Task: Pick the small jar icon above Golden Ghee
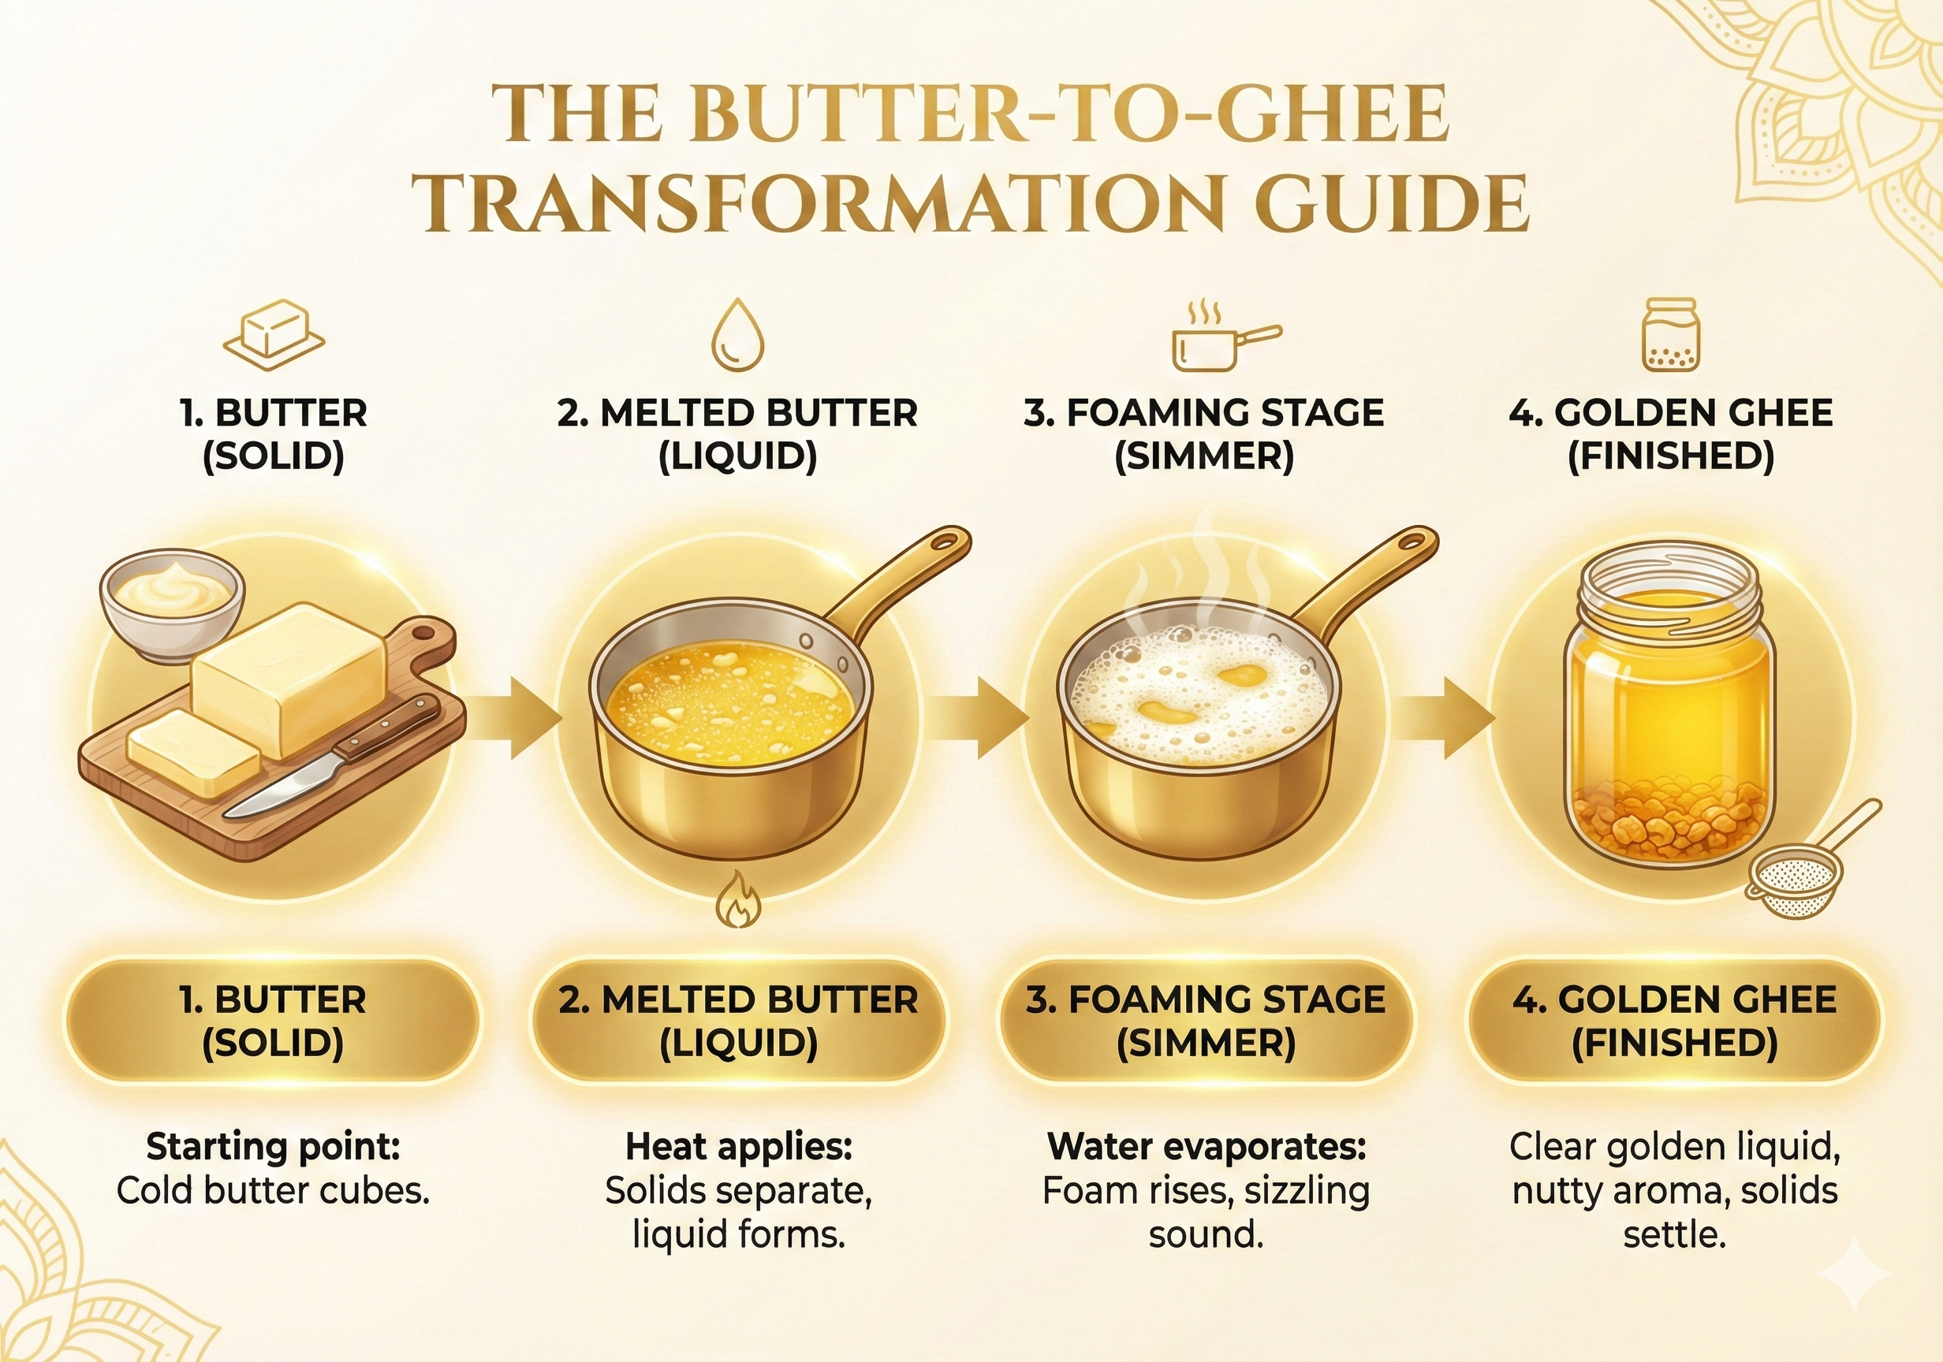click(x=1670, y=335)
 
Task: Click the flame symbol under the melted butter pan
click(x=738, y=902)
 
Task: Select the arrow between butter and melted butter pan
click(x=513, y=719)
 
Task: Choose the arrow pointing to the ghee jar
click(x=1447, y=719)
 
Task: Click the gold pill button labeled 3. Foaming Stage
click(x=1205, y=1021)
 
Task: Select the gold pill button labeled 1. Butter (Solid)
click(x=273, y=1021)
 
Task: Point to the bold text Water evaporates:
click(x=1206, y=1147)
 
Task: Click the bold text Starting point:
click(x=273, y=1147)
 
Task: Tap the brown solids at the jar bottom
click(x=1667, y=821)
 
